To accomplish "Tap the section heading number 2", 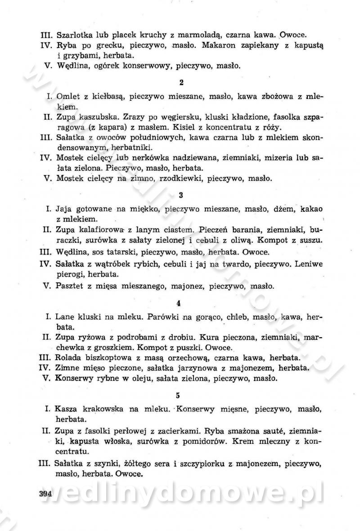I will click(x=181, y=82).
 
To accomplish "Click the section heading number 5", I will click(x=178, y=395).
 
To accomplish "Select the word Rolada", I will click(x=67, y=357).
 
